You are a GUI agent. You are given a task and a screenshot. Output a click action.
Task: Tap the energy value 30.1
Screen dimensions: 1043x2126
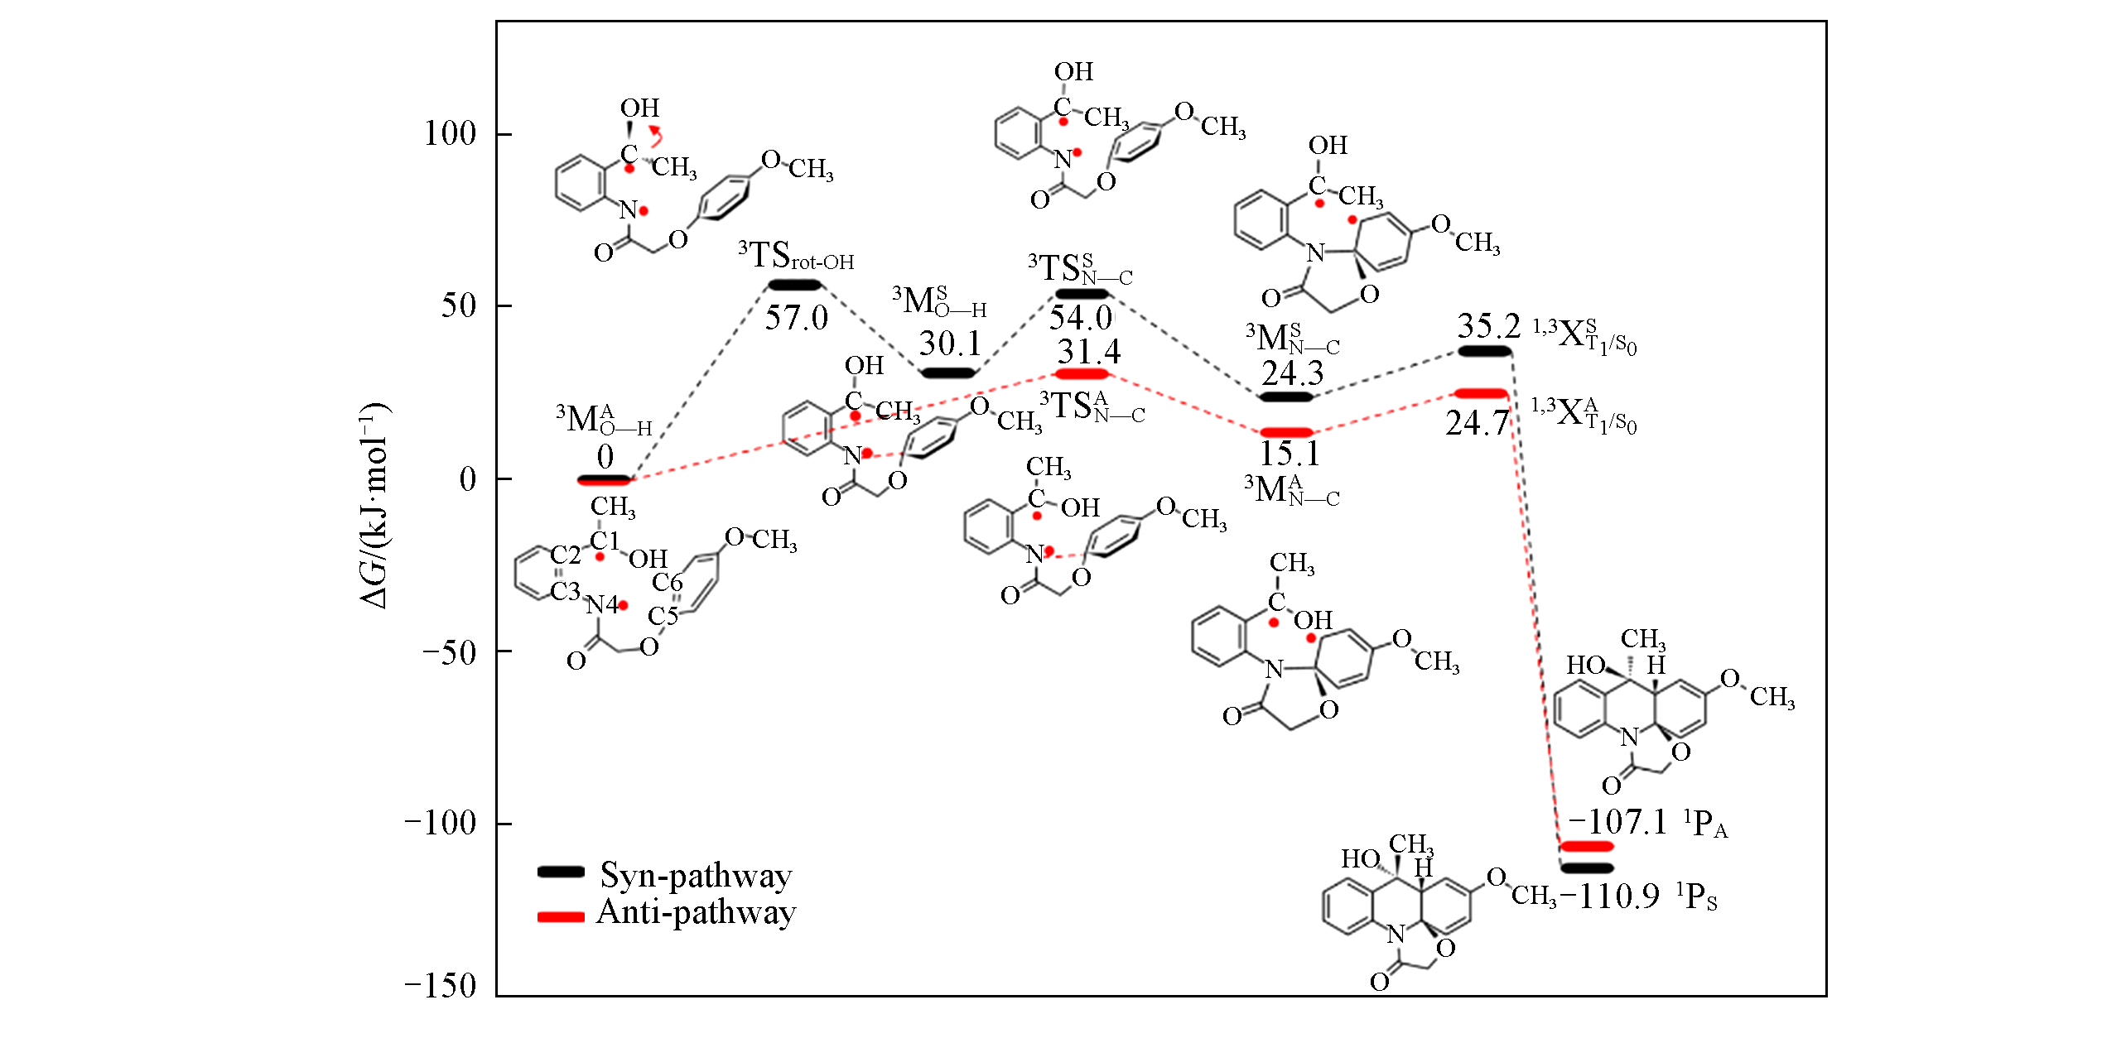point(950,344)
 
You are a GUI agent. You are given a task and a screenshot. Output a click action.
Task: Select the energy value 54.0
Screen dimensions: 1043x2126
point(1081,318)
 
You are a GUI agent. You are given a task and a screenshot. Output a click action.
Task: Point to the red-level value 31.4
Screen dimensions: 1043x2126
point(1089,352)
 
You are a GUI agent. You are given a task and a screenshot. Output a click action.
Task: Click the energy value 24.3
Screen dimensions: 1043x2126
point(1293,374)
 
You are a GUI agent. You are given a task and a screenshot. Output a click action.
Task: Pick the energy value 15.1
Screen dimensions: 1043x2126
point(1290,454)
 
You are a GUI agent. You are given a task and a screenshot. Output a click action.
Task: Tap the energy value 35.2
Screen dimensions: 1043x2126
point(1489,326)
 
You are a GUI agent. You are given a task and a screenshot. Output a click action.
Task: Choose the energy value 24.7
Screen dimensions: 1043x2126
point(1478,423)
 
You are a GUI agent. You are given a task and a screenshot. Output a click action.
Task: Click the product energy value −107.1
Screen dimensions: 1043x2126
point(1617,823)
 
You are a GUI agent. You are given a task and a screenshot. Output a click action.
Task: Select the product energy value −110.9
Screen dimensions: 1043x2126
point(1609,896)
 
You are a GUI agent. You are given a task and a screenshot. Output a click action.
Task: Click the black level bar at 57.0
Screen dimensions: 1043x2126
point(795,286)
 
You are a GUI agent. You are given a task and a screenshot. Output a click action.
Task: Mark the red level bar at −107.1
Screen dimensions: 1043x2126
point(1587,846)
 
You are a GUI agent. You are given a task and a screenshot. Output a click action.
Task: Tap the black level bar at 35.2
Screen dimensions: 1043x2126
point(1484,351)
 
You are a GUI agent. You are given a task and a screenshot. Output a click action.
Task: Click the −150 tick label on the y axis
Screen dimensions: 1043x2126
point(441,985)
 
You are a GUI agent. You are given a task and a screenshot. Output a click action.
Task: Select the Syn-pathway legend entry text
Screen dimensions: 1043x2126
point(696,875)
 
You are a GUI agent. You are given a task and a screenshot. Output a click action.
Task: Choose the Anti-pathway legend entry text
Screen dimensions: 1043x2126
point(696,912)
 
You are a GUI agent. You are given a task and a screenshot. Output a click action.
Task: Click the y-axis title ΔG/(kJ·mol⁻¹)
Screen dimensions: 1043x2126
point(375,506)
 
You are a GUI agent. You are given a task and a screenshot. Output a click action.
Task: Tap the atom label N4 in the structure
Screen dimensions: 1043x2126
point(602,606)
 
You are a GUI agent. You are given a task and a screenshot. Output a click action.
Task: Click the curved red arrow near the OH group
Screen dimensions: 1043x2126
point(656,135)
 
